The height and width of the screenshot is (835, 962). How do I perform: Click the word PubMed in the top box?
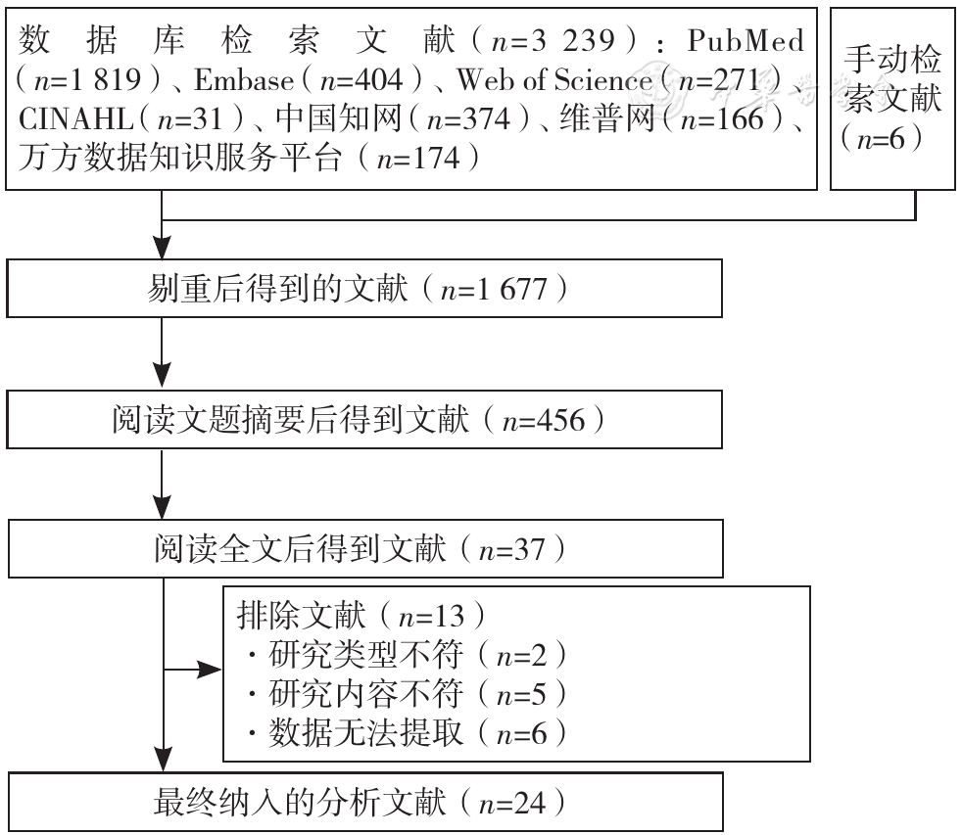tap(746, 40)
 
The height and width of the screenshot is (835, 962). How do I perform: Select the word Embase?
tap(244, 79)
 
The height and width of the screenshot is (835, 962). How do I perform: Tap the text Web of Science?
tap(554, 79)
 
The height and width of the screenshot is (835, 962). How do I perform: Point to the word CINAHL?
tap(76, 118)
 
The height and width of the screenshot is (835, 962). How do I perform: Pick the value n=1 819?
tap(88, 80)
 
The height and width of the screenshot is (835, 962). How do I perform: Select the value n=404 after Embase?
tap(362, 80)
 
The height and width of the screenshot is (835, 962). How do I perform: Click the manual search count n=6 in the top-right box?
tap(881, 139)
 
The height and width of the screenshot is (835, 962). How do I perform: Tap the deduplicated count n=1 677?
tap(494, 289)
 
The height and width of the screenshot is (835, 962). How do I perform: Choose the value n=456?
tap(544, 421)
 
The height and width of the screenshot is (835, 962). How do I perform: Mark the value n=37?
tap(511, 549)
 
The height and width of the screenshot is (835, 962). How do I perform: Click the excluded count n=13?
tap(431, 616)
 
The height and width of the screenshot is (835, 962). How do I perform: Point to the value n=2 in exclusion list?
tap(521, 655)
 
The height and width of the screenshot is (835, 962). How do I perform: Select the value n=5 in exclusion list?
tap(521, 695)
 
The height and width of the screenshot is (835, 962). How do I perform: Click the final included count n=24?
tap(511, 803)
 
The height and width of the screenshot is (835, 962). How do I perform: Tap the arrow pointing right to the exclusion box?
tap(192, 670)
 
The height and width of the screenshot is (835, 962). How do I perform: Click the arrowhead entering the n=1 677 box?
tap(162, 248)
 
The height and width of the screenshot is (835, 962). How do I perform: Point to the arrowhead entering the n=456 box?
tap(162, 375)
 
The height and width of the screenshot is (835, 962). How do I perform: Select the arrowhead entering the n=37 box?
tap(162, 506)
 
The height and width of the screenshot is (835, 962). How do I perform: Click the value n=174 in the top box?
tap(418, 159)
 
